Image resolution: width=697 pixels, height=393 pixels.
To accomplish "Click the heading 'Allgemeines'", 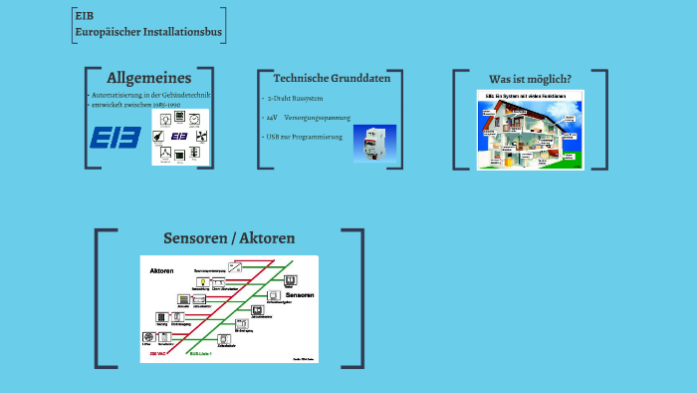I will (148, 78).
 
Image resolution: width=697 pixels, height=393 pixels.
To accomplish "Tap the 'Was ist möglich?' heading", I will (530, 79).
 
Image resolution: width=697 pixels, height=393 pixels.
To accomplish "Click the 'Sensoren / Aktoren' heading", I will (229, 238).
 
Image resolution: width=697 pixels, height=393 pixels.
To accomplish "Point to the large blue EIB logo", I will (116, 137).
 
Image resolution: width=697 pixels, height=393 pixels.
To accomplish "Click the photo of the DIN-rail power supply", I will (375, 146).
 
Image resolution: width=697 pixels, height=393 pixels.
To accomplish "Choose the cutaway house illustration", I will (530, 130).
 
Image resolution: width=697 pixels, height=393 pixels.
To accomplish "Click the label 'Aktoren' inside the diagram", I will (162, 271).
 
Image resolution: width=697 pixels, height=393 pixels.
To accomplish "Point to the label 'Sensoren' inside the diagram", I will (300, 296).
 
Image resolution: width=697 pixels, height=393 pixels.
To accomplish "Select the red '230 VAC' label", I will (159, 353).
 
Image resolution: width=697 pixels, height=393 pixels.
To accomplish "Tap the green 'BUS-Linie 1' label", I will (203, 353).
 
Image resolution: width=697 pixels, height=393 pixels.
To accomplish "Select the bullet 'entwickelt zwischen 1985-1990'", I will (138, 104).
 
